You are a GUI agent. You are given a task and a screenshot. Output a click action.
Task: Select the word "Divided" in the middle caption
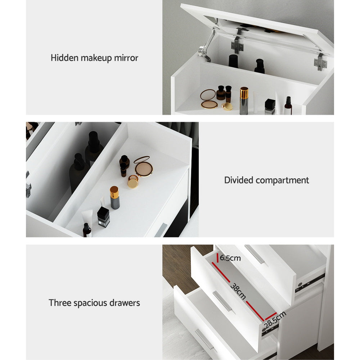(x=238, y=180)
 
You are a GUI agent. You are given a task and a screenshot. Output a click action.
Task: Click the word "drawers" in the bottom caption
(x=124, y=303)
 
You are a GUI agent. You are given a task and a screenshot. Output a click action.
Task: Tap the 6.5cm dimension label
(x=230, y=258)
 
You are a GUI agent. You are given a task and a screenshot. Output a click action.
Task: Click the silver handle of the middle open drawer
(x=222, y=301)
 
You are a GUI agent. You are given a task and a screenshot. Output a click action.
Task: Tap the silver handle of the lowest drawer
(x=204, y=339)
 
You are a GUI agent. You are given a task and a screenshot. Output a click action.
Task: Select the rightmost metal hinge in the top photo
(x=320, y=62)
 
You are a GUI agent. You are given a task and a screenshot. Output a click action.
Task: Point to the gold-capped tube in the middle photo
(x=114, y=197)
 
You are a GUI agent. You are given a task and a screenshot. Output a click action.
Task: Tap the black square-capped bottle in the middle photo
(x=103, y=217)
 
